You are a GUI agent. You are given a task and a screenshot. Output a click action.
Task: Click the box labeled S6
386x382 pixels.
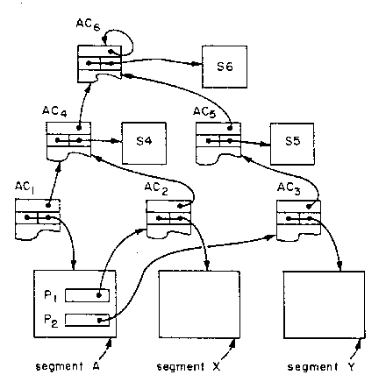(225, 67)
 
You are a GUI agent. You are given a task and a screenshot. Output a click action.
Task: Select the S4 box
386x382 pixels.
(144, 143)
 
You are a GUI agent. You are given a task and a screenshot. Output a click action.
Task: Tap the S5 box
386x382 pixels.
(292, 144)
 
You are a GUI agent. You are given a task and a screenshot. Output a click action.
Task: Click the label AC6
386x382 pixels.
(88, 25)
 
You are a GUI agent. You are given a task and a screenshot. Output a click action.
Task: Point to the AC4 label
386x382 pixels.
(54, 111)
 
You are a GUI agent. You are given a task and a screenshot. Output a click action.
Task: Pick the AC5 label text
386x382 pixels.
(204, 112)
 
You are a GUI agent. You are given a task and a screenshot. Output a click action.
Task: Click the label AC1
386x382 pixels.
(25, 187)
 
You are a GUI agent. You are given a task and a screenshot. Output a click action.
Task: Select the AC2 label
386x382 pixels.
(156, 188)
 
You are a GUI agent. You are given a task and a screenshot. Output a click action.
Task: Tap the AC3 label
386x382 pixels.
(289, 188)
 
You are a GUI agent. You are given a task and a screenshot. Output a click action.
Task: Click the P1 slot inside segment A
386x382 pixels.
(87, 295)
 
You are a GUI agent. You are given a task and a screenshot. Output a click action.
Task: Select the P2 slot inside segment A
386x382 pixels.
(87, 320)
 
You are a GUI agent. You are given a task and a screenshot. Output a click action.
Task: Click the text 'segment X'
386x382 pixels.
(189, 366)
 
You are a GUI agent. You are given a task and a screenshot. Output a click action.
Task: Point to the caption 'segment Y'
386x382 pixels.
(321, 366)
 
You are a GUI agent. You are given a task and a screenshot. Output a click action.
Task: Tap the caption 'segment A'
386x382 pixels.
(68, 366)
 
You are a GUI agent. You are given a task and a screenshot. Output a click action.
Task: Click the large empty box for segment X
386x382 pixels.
(199, 305)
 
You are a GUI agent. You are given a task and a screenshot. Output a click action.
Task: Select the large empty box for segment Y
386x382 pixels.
(325, 305)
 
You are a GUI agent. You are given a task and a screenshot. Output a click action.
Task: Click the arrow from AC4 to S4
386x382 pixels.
(99, 141)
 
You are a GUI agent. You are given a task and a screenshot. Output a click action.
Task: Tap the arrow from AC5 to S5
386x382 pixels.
(250, 143)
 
